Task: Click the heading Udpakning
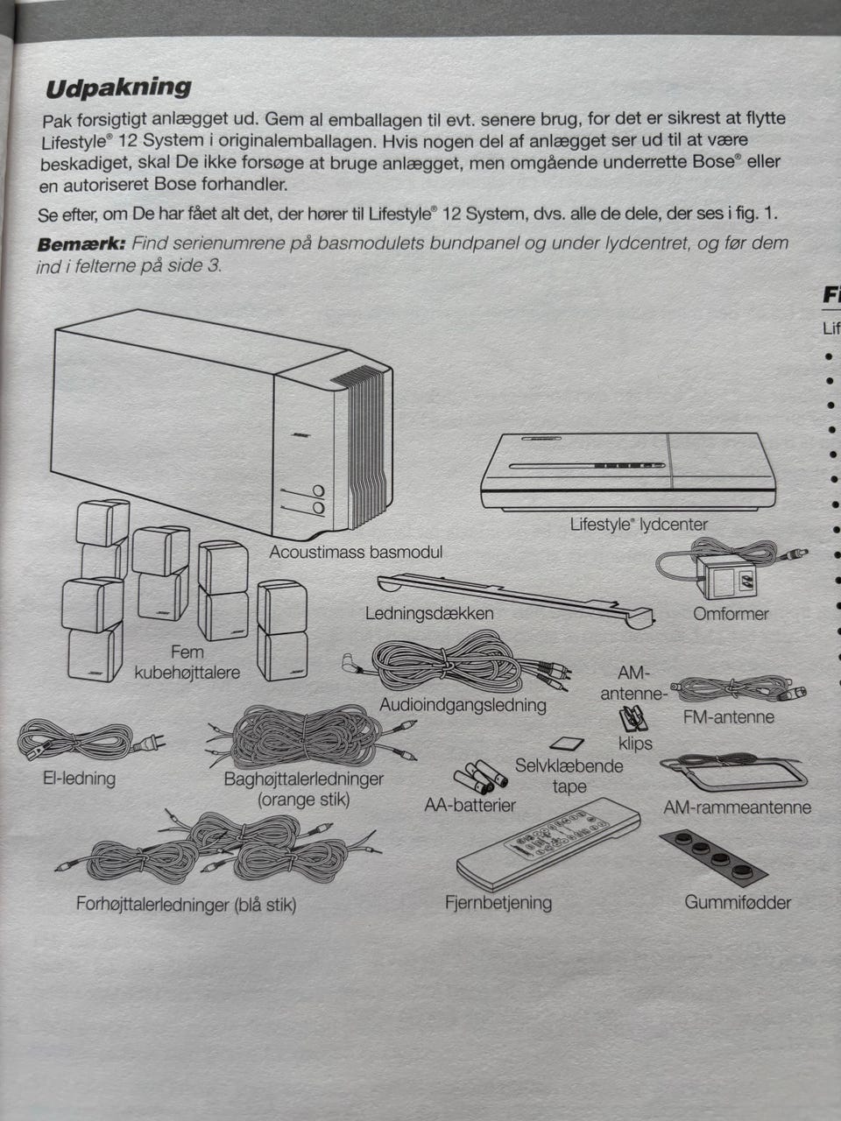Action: [x=118, y=88]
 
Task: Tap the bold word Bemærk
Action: [x=81, y=244]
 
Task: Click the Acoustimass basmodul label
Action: [x=356, y=552]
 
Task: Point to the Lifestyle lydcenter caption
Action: [x=639, y=525]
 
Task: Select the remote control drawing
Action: [x=548, y=843]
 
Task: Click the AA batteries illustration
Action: [x=480, y=777]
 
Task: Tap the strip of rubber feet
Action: [x=713, y=855]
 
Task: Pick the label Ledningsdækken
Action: [x=429, y=613]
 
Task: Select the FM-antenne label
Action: [x=728, y=717]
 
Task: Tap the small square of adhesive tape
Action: [x=567, y=743]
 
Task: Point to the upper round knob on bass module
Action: [x=319, y=491]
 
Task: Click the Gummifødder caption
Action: [x=738, y=902]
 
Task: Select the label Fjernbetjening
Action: [x=498, y=902]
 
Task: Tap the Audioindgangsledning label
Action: [x=463, y=705]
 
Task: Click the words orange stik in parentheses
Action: [x=304, y=800]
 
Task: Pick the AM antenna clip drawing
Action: [x=633, y=720]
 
